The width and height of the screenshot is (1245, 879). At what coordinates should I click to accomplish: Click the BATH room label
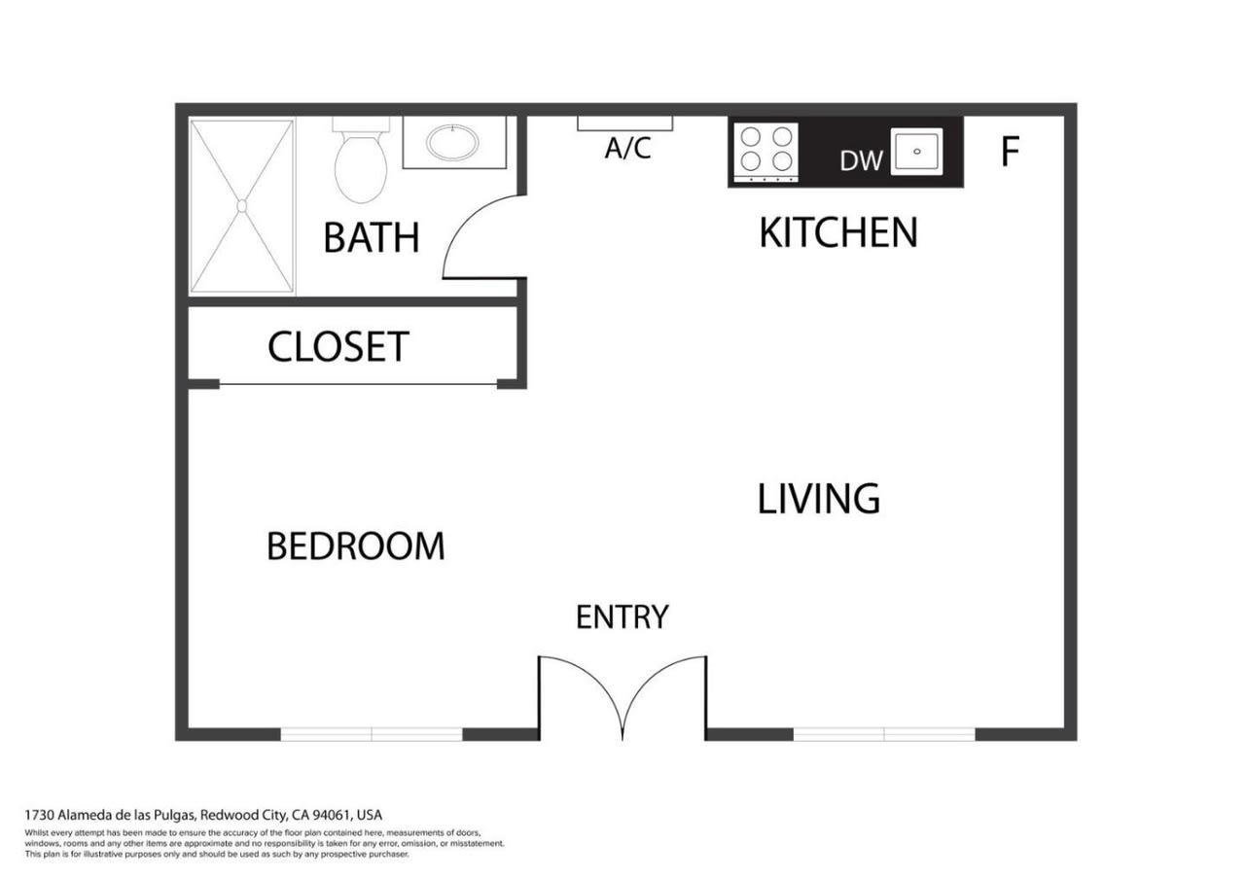[372, 238]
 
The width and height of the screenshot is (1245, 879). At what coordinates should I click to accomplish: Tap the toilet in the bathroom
[361, 160]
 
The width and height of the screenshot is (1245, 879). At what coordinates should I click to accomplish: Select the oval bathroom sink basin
[452, 142]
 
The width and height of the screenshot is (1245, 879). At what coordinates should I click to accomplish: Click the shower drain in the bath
[242, 206]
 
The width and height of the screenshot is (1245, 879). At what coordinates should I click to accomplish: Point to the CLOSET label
[338, 347]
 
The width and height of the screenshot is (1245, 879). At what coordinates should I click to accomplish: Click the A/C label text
[628, 148]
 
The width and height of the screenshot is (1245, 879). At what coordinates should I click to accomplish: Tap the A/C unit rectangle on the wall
[624, 123]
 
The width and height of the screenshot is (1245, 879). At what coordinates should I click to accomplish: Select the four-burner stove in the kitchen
[765, 153]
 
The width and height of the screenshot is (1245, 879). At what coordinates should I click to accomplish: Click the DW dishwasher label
[861, 161]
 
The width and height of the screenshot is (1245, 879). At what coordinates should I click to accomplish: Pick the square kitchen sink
[916, 152]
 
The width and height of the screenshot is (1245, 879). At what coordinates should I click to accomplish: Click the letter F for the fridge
[1010, 151]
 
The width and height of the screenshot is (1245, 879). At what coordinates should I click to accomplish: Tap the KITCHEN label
[838, 232]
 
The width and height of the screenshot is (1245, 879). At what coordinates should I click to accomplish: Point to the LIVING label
[819, 499]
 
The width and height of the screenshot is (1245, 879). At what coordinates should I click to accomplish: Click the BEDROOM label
[356, 546]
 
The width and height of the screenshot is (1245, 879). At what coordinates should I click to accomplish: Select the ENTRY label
[622, 616]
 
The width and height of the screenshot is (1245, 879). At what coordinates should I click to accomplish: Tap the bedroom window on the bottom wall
[372, 734]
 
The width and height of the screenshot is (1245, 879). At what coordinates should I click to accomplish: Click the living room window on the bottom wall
[884, 734]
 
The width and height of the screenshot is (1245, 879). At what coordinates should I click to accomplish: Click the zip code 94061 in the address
[332, 815]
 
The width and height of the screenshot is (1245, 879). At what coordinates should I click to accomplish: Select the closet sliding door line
[359, 384]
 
